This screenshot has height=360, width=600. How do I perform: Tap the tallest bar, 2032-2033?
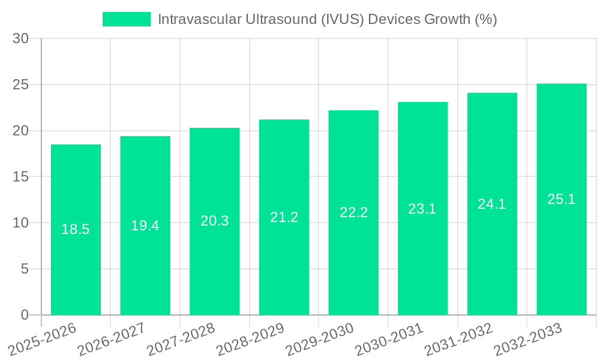coord(562,258)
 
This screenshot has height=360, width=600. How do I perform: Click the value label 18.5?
coord(76,229)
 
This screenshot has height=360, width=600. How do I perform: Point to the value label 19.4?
coord(145,226)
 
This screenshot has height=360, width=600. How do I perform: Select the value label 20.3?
coord(214,221)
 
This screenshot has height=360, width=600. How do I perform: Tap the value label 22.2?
coord(353,212)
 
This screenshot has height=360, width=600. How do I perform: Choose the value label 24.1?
coord(492,204)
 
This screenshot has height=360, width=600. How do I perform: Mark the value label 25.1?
coord(562,199)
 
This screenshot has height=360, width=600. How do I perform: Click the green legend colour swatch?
coord(127,19)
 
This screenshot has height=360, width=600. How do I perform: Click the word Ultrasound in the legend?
coord(284,19)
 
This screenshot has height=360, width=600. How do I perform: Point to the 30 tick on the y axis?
coord(20,39)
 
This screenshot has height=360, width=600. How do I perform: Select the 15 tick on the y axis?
coord(20,177)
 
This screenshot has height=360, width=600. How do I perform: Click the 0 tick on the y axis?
coord(25,315)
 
